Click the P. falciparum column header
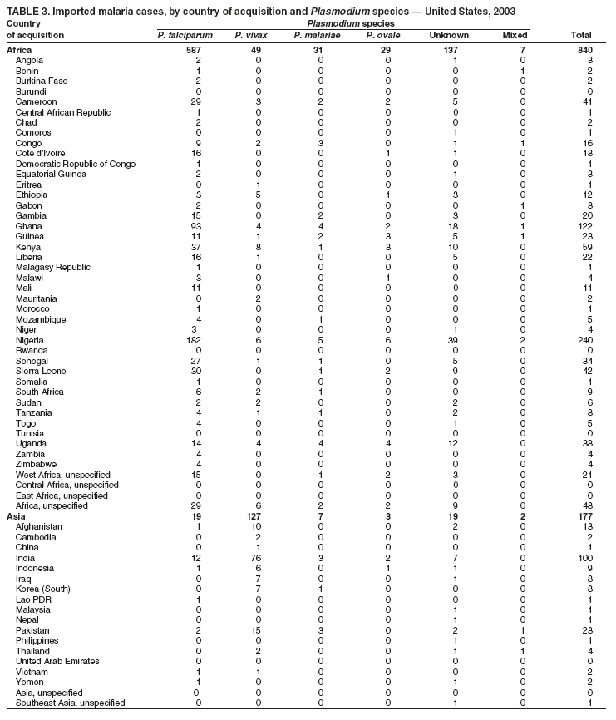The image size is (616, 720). point(185,36)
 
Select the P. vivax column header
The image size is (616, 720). point(250,36)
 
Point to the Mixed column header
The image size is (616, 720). point(515,36)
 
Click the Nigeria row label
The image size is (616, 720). point(32,340)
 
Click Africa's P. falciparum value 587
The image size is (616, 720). point(194,50)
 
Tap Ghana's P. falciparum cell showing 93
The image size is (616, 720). point(195,226)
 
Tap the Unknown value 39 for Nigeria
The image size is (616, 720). point(451,340)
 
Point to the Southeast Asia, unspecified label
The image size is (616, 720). point(70,703)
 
